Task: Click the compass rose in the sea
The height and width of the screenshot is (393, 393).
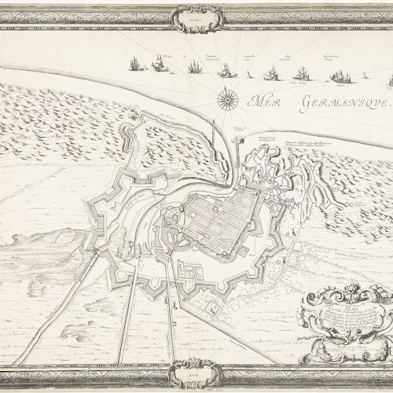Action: tap(227, 99)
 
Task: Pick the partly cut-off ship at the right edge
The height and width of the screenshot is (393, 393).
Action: tap(389, 79)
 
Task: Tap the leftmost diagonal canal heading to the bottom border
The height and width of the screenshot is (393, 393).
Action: tap(94, 314)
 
